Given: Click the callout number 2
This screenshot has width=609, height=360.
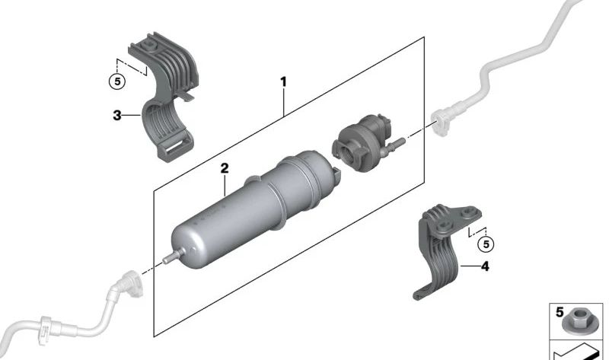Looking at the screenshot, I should [225, 168].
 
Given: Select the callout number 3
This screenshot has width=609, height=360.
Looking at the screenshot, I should [116, 116].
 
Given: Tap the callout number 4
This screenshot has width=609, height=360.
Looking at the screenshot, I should [484, 266].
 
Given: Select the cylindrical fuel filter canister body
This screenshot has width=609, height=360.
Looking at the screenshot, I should [244, 213].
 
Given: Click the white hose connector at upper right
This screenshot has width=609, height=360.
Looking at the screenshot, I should [442, 119].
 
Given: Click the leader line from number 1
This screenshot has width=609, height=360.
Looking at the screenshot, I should [283, 100].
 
